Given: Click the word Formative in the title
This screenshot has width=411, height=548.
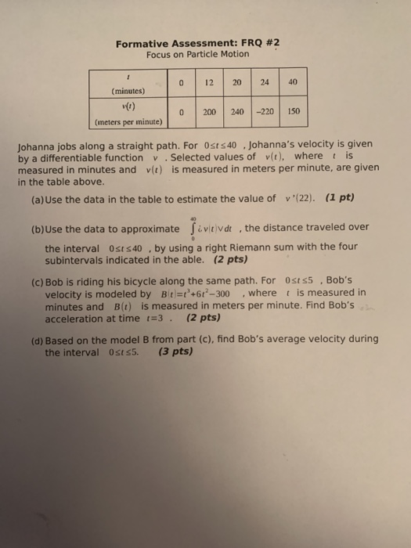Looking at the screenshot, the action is point(143,44).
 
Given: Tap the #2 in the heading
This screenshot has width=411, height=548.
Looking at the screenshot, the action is point(271,44).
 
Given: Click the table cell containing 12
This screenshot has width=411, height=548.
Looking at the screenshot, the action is point(209,82).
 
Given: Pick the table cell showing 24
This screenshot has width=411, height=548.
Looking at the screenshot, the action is point(265,82).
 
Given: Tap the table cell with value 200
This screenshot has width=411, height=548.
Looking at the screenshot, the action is point(209,112).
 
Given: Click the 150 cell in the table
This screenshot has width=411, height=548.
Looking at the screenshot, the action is point(294,112).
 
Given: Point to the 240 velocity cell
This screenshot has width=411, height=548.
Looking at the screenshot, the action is point(237,112).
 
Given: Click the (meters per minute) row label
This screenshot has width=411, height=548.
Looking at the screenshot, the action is point(127,122).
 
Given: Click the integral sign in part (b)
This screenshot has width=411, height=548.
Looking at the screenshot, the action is point(190,228).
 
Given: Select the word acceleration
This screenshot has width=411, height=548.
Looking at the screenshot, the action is point(75,318).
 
